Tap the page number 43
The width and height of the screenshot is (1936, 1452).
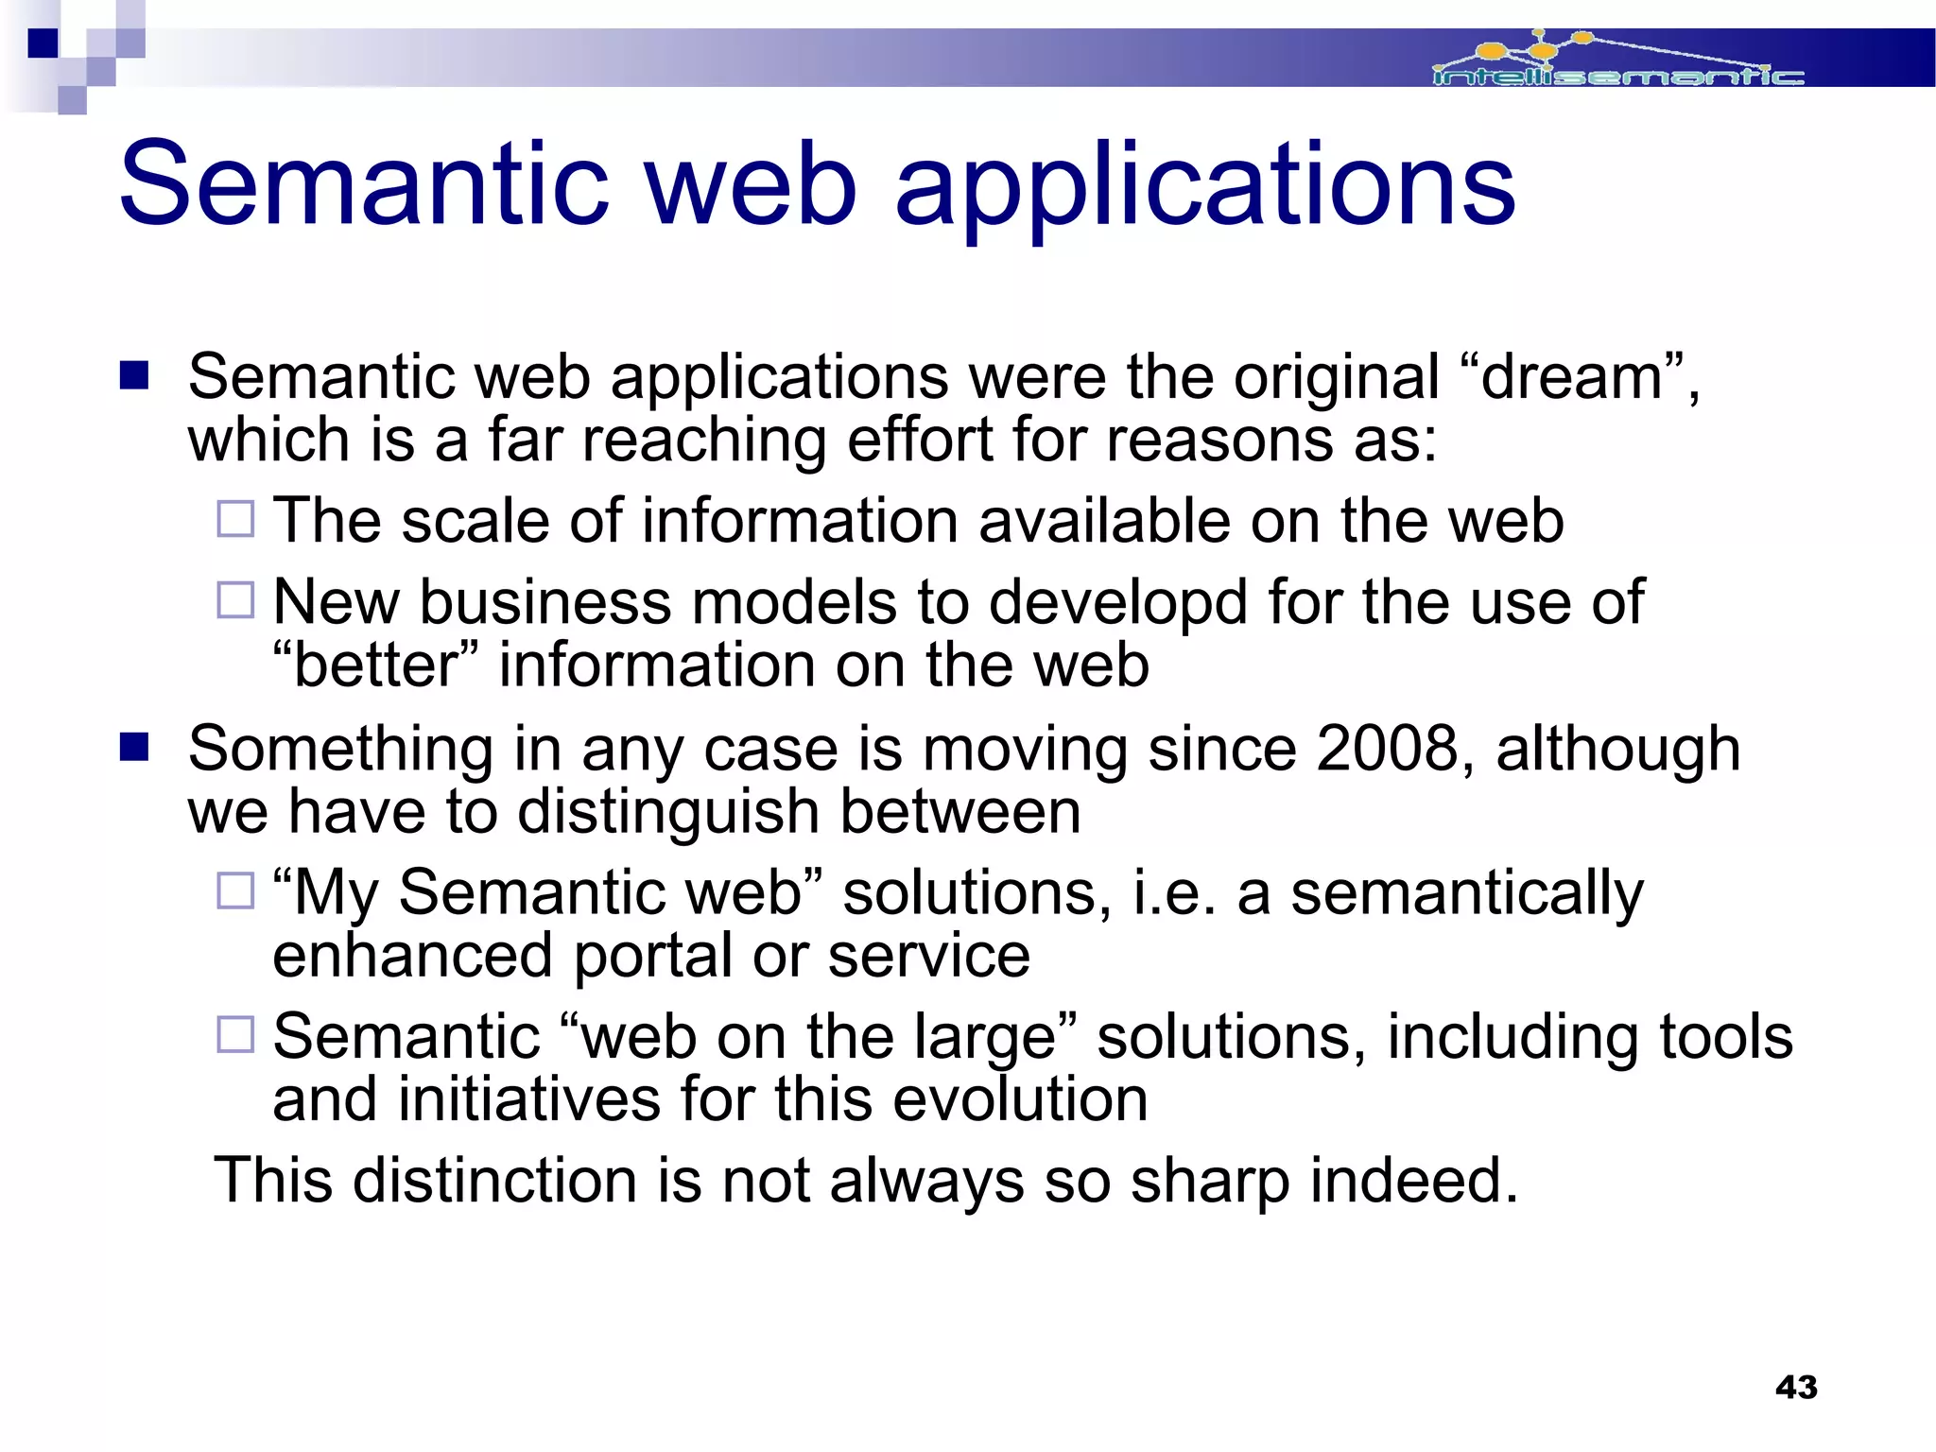click(x=1796, y=1387)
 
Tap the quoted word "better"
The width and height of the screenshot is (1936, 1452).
click(x=378, y=665)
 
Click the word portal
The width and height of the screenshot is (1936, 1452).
click(x=652, y=956)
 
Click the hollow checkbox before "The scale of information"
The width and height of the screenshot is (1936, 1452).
click(x=235, y=519)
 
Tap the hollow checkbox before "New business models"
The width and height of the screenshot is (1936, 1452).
click(x=235, y=599)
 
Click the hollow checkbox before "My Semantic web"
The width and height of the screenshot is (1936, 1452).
click(x=235, y=890)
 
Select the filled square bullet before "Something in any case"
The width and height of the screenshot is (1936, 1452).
click(x=134, y=748)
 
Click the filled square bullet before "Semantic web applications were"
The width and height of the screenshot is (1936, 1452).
click(x=134, y=376)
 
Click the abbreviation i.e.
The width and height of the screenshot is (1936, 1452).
click(x=1173, y=893)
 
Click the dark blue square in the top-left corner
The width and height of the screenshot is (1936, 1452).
click(x=43, y=43)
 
